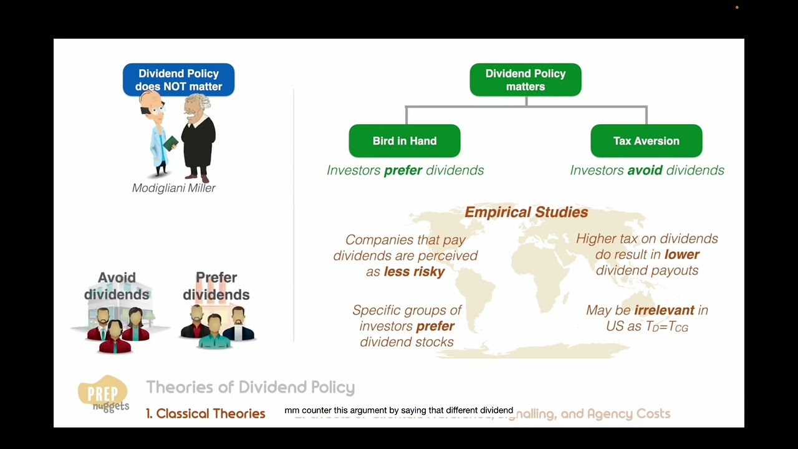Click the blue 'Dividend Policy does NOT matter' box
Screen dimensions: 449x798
click(178, 80)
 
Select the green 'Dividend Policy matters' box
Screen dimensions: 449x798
click(525, 80)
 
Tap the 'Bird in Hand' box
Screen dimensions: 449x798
click(405, 141)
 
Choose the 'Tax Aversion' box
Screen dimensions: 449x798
click(646, 141)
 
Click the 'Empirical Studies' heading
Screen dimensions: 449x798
click(526, 213)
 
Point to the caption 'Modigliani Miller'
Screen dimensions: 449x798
click(174, 188)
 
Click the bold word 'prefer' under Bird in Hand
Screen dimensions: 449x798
click(403, 170)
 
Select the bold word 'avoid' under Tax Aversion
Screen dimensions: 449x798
click(645, 170)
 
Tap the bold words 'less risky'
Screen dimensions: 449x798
click(414, 272)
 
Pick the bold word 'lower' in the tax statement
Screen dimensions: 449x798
click(682, 254)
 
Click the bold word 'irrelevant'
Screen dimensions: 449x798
click(664, 311)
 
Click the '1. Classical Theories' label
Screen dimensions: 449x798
click(206, 413)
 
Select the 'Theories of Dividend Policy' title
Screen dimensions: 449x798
click(251, 387)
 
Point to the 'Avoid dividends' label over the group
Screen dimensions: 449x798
click(117, 286)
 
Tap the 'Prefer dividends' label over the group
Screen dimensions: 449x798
click(216, 286)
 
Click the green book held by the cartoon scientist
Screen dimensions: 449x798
click(170, 143)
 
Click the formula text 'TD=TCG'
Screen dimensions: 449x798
click(668, 327)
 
